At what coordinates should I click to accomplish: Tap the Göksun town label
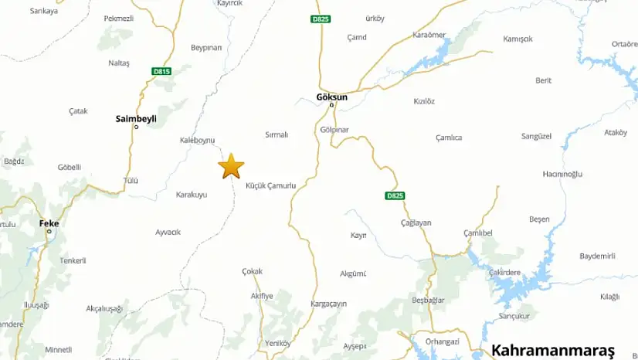332,97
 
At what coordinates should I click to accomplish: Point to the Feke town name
49,223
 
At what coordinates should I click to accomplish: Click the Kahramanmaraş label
552,350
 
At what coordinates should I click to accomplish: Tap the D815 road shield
161,72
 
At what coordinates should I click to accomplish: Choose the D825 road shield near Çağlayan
394,196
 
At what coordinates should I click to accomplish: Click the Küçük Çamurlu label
270,186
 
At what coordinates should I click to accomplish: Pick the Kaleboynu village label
196,140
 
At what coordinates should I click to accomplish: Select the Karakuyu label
192,195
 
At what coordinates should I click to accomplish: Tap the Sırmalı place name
276,134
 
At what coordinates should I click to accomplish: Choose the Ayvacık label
168,232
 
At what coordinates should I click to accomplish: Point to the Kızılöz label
424,101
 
